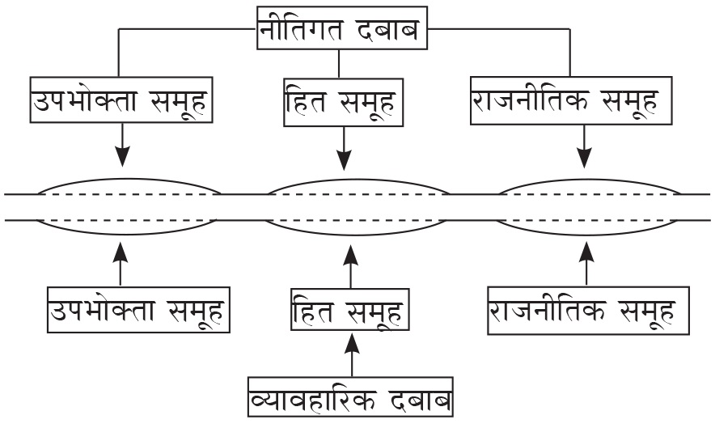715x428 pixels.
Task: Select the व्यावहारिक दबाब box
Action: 351,400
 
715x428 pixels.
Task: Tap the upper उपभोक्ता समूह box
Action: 121,100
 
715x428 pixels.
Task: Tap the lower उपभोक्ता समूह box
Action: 137,309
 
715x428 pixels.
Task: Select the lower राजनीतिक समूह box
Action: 589,309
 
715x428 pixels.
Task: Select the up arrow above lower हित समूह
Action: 350,265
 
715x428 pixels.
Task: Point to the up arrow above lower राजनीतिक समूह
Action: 587,264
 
